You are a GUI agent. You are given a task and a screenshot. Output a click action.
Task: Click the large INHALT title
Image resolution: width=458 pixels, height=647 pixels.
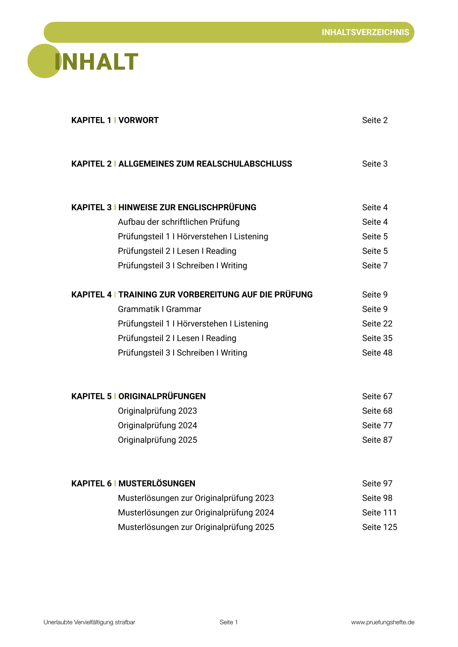(96, 62)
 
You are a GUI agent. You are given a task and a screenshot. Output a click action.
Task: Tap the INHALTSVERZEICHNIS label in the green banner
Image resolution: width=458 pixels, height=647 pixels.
(365, 32)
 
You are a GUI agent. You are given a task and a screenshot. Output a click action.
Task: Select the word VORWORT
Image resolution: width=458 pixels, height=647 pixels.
(139, 120)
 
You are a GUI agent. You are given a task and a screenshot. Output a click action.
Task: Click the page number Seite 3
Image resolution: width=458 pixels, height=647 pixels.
(375, 164)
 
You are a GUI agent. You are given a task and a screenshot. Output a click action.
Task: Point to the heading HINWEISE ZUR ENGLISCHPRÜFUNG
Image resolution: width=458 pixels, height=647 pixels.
(187, 207)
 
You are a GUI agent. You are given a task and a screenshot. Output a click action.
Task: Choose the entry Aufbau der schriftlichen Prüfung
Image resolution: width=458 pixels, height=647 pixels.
(179, 222)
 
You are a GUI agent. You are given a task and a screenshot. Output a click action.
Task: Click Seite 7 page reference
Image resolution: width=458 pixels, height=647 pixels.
(375, 266)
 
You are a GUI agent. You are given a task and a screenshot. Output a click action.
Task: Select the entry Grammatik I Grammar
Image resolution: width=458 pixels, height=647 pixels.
(160, 309)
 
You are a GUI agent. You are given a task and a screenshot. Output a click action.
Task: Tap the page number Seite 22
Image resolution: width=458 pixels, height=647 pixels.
(377, 324)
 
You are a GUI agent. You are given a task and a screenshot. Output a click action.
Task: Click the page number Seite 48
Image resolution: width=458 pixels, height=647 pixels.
(377, 353)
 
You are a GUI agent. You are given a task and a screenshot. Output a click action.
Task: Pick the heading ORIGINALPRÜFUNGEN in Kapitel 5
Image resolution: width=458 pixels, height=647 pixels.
(162, 396)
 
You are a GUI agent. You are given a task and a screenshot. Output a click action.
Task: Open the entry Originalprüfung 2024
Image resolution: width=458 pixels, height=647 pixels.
(157, 426)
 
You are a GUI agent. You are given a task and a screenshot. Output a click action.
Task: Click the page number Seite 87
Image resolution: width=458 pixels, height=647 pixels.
(377, 440)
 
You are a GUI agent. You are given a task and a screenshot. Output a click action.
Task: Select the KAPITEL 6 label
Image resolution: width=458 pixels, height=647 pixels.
(91, 483)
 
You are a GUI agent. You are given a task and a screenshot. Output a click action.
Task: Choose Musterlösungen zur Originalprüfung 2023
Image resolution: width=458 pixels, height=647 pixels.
(196, 498)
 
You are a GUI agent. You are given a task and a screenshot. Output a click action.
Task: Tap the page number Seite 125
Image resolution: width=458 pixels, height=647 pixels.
(379, 527)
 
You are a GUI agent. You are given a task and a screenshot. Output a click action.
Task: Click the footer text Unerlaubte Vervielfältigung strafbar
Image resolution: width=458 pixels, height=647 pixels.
(89, 622)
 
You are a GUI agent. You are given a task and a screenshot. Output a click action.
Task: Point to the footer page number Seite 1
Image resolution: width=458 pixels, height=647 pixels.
(229, 622)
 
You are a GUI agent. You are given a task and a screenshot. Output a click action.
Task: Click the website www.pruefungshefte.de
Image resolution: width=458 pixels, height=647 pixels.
(383, 622)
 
